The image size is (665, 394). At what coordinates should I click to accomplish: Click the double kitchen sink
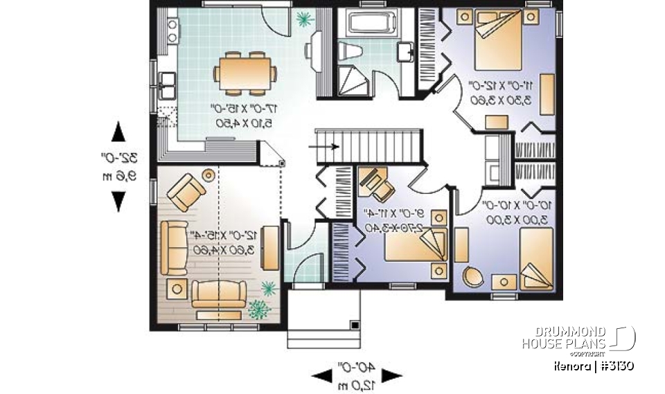tap(166, 86)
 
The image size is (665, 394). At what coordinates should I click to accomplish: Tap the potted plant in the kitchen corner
tap(303, 19)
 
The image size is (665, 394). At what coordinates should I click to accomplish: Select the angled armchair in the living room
tap(188, 192)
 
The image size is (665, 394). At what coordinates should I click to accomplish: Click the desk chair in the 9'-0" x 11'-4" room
tap(375, 181)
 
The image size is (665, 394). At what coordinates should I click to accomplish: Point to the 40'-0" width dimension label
tap(355, 375)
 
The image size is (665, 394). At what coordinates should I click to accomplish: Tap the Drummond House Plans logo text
tap(564, 339)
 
